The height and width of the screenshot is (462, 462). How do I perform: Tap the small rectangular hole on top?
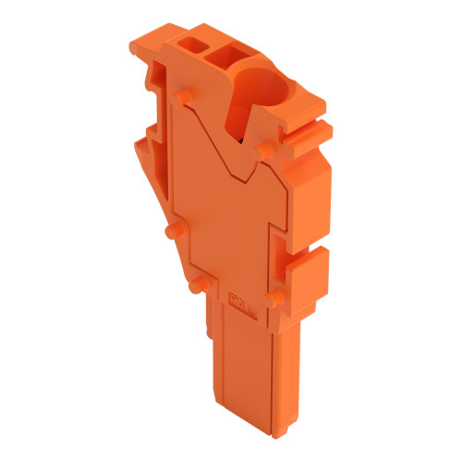[193, 47]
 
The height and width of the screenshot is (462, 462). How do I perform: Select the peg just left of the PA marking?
[193, 286]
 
